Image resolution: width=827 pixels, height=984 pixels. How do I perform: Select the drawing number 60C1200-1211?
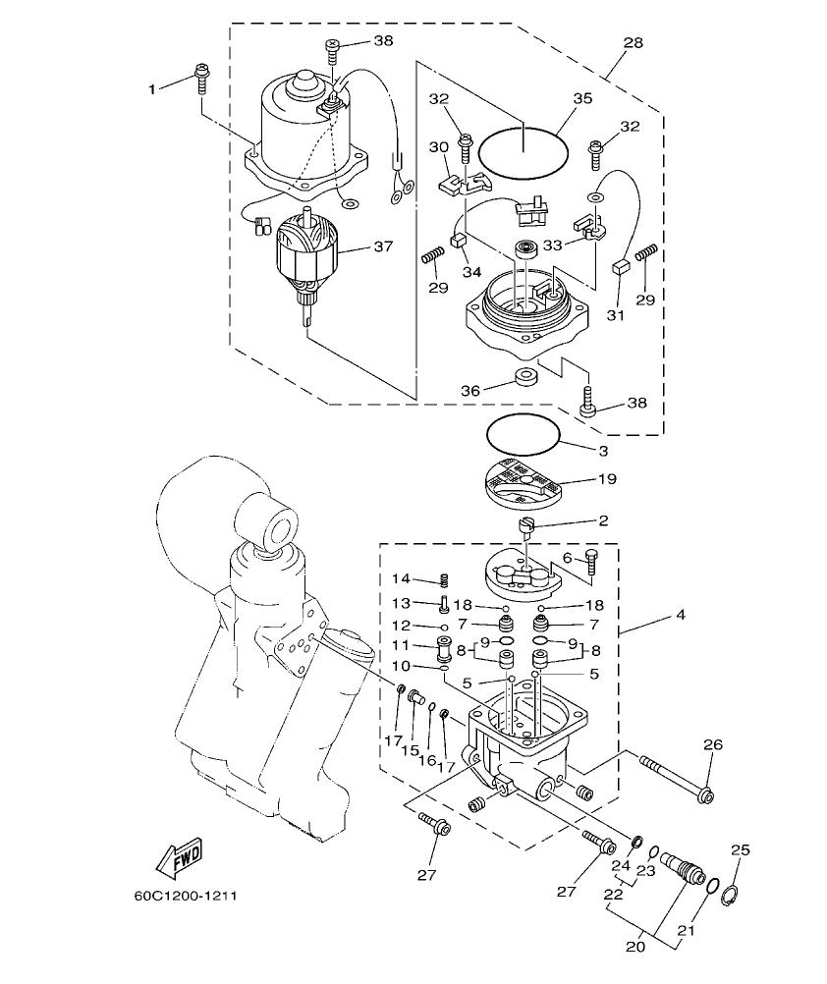pyautogui.click(x=186, y=896)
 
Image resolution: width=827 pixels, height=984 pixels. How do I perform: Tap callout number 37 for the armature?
pyautogui.click(x=383, y=247)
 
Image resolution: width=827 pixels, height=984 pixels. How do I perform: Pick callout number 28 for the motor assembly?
pyautogui.click(x=632, y=43)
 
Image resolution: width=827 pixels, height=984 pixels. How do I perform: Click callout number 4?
pyautogui.click(x=680, y=616)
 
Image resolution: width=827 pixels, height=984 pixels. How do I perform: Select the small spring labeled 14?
pyautogui.click(x=442, y=582)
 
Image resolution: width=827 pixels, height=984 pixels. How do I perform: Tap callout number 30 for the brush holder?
pyautogui.click(x=437, y=146)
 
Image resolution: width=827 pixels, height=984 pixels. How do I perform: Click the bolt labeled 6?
pyautogui.click(x=590, y=561)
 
